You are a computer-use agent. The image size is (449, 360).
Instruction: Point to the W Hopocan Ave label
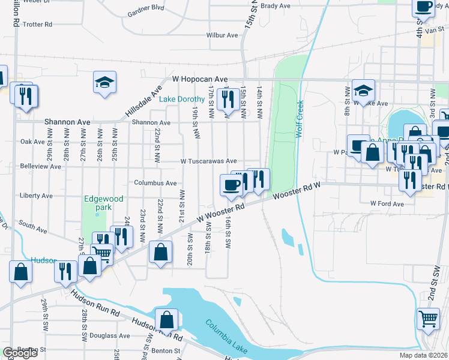point(200,79)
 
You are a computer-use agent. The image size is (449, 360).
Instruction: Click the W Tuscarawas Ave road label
point(209,161)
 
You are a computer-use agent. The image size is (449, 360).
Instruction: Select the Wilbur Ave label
point(223,35)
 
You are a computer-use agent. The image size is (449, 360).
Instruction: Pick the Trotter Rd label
point(38,25)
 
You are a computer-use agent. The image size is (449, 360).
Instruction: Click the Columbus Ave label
point(155,183)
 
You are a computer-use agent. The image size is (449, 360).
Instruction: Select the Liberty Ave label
point(37,196)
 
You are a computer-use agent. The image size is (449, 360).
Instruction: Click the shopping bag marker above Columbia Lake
point(166,319)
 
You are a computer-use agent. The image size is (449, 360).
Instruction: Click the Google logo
point(20,353)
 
